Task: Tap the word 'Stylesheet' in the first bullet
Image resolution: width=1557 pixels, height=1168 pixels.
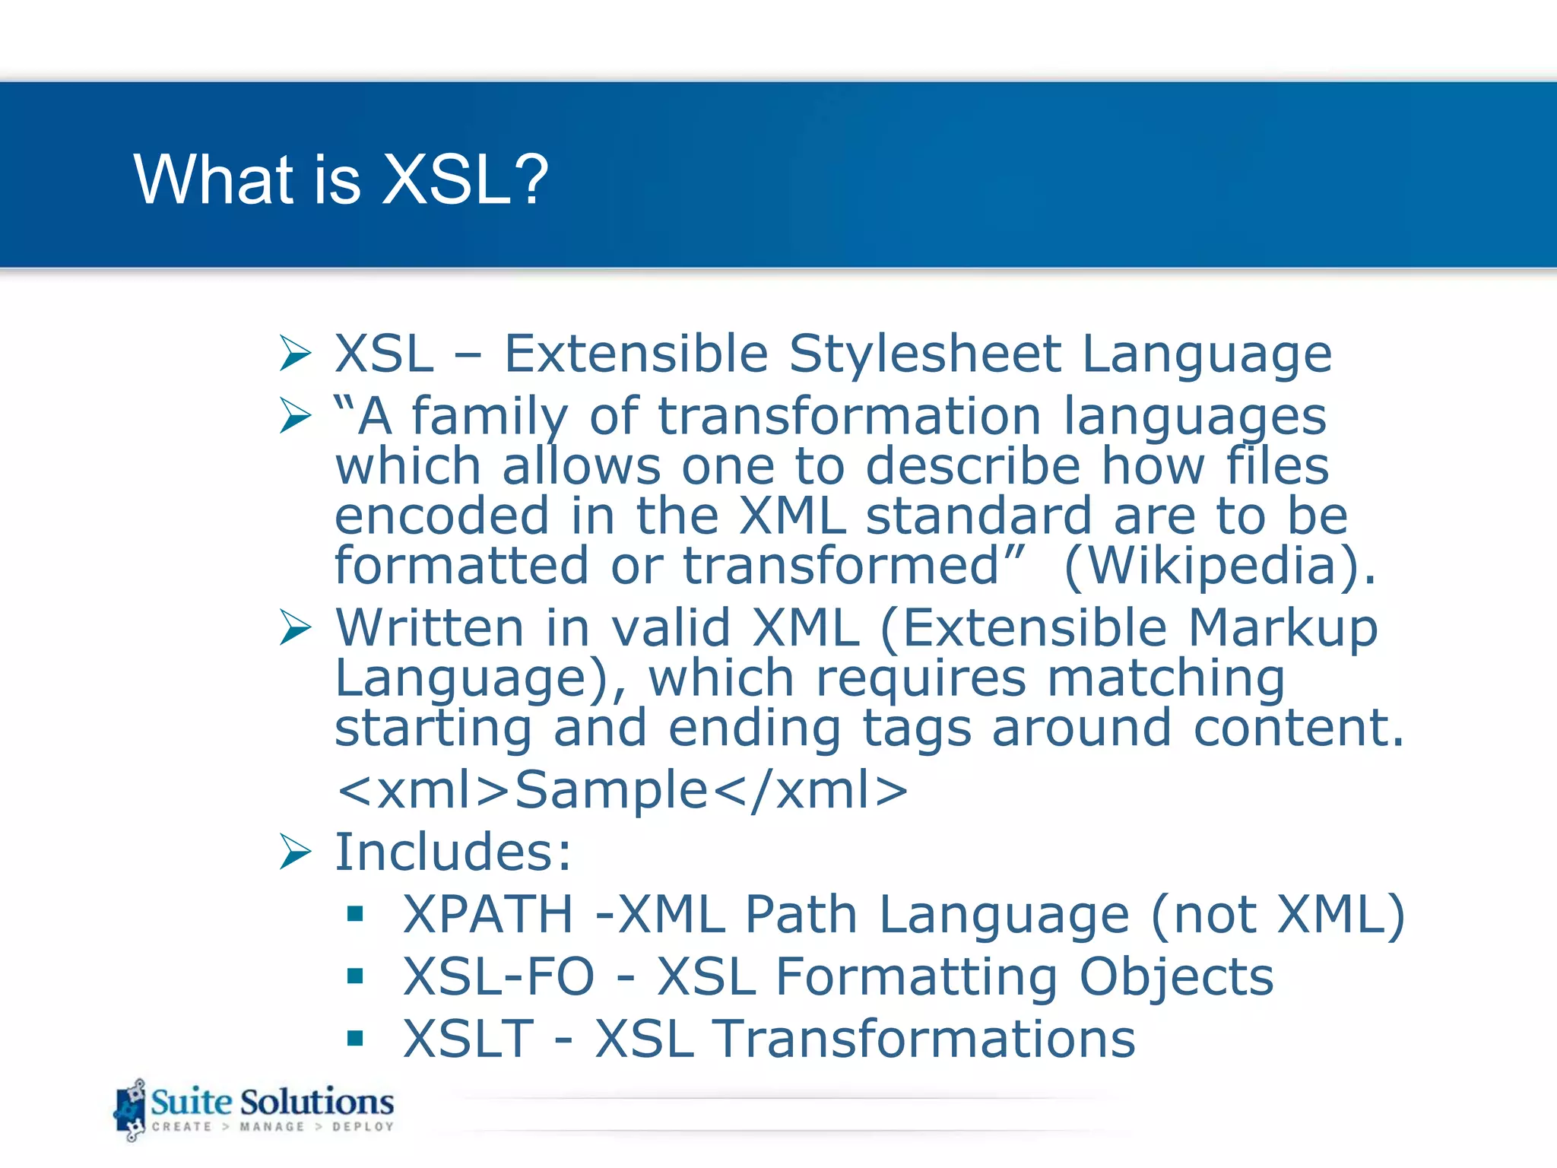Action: click(x=924, y=354)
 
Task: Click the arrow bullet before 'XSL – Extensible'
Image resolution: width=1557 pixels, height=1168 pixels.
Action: click(x=295, y=354)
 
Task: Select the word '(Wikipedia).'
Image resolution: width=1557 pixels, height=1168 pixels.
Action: click(x=1219, y=566)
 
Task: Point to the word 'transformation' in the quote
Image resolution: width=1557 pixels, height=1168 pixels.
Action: click(x=849, y=417)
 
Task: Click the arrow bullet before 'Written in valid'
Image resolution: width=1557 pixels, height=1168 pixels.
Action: click(x=295, y=627)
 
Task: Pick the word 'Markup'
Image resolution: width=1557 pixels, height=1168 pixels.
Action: click(x=1282, y=628)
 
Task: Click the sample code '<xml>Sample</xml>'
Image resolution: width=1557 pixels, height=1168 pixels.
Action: click(x=622, y=789)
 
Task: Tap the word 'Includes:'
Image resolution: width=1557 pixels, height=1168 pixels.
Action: click(x=453, y=852)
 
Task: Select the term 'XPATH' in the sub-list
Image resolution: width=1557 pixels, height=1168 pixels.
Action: click(x=488, y=914)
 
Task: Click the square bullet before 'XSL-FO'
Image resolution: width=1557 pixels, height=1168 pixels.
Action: click(x=355, y=976)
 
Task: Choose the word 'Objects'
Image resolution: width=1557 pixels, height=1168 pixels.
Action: click(x=1176, y=976)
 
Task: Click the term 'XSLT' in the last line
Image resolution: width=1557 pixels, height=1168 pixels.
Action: click(x=468, y=1039)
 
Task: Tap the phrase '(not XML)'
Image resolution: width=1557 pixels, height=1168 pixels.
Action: click(x=1277, y=914)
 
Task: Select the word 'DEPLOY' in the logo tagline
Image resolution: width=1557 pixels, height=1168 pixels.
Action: click(x=363, y=1127)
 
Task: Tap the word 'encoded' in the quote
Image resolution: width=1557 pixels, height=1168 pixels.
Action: click(x=441, y=516)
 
